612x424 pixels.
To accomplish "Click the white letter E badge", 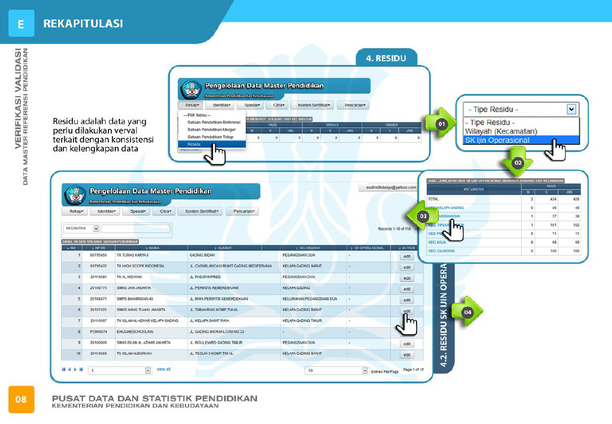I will [x=21, y=24].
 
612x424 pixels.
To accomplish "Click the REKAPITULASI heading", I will [x=83, y=24].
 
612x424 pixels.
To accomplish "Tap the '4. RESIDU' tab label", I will [x=387, y=58].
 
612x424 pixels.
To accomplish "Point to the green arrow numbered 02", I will [x=518, y=161].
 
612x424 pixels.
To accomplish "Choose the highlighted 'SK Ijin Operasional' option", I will [x=497, y=140].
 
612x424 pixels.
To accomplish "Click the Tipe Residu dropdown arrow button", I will [x=572, y=109].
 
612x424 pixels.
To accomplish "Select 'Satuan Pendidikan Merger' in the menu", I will [x=211, y=129].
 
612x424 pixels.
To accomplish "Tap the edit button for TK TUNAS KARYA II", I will [x=407, y=256].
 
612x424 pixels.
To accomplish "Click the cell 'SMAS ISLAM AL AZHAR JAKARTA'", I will [x=144, y=343].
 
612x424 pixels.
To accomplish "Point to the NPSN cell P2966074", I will [x=99, y=332].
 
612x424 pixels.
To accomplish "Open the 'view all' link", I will [x=163, y=369].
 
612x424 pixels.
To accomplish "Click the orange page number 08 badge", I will [x=21, y=400].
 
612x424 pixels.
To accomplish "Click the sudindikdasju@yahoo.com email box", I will [x=387, y=187].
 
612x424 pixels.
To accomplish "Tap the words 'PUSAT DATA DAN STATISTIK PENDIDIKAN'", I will [x=154, y=398].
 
